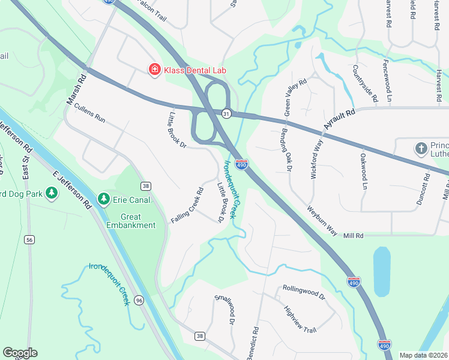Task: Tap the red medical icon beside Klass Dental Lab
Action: (x=154, y=70)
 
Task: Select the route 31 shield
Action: (x=226, y=113)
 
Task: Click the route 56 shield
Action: (x=29, y=239)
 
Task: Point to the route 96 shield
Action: (x=139, y=300)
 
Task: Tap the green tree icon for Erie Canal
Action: (x=103, y=198)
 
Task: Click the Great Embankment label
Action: (x=131, y=221)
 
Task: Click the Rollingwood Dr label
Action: (x=303, y=292)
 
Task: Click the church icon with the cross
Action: (x=421, y=148)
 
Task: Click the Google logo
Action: (x=20, y=353)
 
